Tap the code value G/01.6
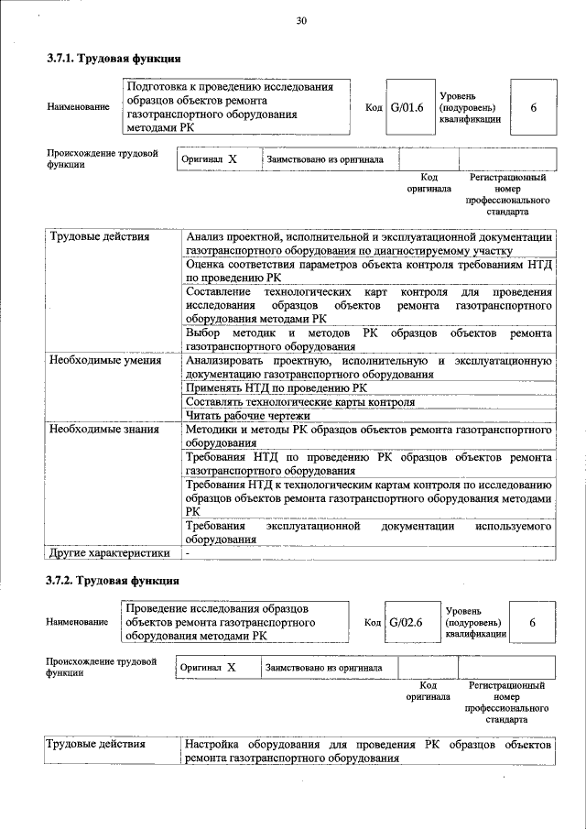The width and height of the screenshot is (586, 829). (407, 107)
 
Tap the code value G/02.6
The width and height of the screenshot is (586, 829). (406, 622)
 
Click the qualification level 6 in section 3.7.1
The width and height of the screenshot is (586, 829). (533, 107)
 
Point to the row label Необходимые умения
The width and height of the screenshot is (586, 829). (99, 362)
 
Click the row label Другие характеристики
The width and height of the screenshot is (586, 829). (109, 553)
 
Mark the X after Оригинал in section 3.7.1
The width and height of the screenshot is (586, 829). (233, 158)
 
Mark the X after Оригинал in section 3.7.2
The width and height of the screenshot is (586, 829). (232, 668)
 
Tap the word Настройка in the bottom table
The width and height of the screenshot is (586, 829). (213, 745)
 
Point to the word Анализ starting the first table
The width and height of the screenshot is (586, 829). (204, 238)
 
